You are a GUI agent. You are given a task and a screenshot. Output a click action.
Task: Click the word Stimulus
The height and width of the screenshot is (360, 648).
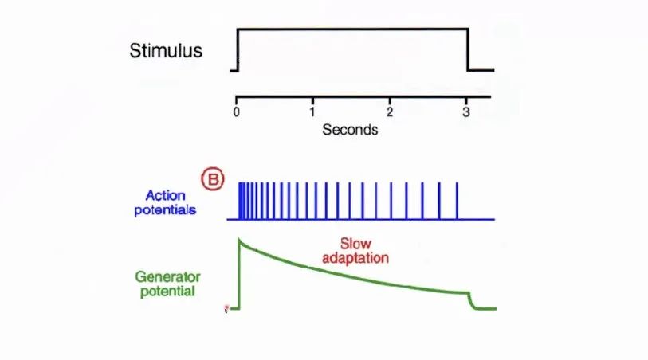166,51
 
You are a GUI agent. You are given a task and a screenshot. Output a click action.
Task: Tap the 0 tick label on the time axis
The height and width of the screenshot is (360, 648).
236,112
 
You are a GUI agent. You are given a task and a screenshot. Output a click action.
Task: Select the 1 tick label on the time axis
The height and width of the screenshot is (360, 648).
312,112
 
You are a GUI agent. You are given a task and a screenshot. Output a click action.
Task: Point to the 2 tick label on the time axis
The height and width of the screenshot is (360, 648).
389,112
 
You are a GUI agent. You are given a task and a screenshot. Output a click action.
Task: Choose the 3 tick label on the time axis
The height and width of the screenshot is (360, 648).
466,112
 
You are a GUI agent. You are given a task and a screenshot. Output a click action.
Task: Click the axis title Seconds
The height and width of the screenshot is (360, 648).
350,130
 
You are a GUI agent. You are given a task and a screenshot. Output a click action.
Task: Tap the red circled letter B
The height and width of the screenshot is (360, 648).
213,179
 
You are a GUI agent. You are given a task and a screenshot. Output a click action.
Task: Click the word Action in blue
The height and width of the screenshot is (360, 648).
165,195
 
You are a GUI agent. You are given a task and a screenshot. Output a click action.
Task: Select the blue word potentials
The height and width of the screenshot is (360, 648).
165,210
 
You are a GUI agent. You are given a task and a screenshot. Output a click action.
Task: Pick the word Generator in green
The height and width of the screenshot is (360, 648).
167,276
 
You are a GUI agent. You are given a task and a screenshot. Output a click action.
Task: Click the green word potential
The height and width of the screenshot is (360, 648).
167,291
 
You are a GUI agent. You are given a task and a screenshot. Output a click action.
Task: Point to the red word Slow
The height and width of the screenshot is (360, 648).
355,244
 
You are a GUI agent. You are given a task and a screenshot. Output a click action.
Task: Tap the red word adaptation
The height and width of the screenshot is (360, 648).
355,258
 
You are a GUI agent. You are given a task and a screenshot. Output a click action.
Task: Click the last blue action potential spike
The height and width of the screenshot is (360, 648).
457,201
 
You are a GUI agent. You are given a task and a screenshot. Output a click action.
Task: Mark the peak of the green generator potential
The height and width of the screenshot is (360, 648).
239,239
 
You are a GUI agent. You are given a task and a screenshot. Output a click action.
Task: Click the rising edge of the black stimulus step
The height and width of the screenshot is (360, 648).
238,49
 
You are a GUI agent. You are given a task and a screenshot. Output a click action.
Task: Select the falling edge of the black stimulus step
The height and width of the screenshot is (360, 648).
468,49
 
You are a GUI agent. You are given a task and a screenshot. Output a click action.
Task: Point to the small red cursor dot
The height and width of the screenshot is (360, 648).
226,307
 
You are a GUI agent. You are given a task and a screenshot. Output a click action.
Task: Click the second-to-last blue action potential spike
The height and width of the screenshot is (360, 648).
439,201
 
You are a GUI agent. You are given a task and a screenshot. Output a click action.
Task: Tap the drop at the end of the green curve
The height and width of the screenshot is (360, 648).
472,301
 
